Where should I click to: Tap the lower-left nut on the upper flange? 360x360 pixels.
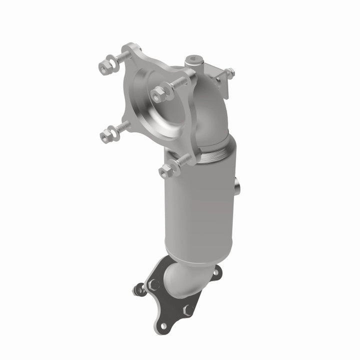[x=106, y=135]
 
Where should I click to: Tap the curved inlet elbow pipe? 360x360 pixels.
[x=210, y=110]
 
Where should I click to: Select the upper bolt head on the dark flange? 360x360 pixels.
[x=154, y=284]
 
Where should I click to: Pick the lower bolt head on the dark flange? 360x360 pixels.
[x=188, y=310]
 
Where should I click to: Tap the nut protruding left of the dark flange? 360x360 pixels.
[x=137, y=289]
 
